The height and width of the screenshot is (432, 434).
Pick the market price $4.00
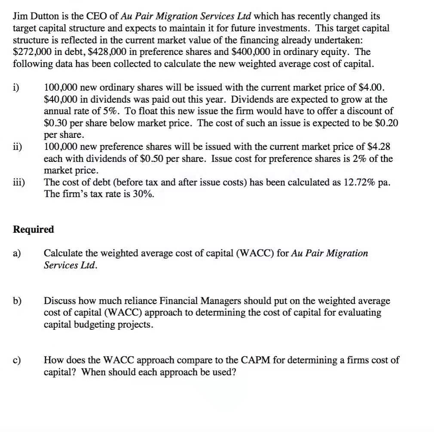tap(370, 88)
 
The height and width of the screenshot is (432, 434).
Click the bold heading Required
tap(34, 229)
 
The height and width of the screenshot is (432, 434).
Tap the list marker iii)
tap(19, 182)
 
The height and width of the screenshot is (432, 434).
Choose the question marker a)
tap(18, 253)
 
